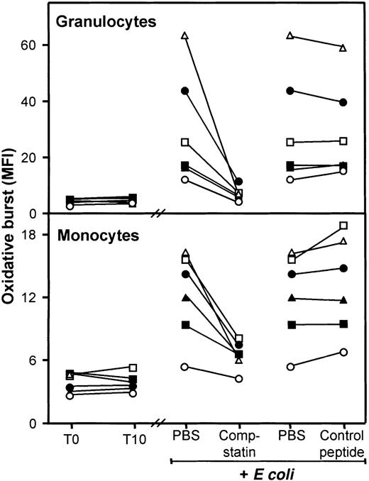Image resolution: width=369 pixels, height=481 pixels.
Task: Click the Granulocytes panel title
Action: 97,22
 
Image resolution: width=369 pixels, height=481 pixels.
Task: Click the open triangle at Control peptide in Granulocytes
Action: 343,48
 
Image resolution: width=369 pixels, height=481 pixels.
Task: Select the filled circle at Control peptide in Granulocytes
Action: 343,102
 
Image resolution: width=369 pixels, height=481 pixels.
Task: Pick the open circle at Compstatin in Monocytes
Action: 239,379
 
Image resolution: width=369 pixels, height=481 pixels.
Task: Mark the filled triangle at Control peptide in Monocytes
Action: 343,300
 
